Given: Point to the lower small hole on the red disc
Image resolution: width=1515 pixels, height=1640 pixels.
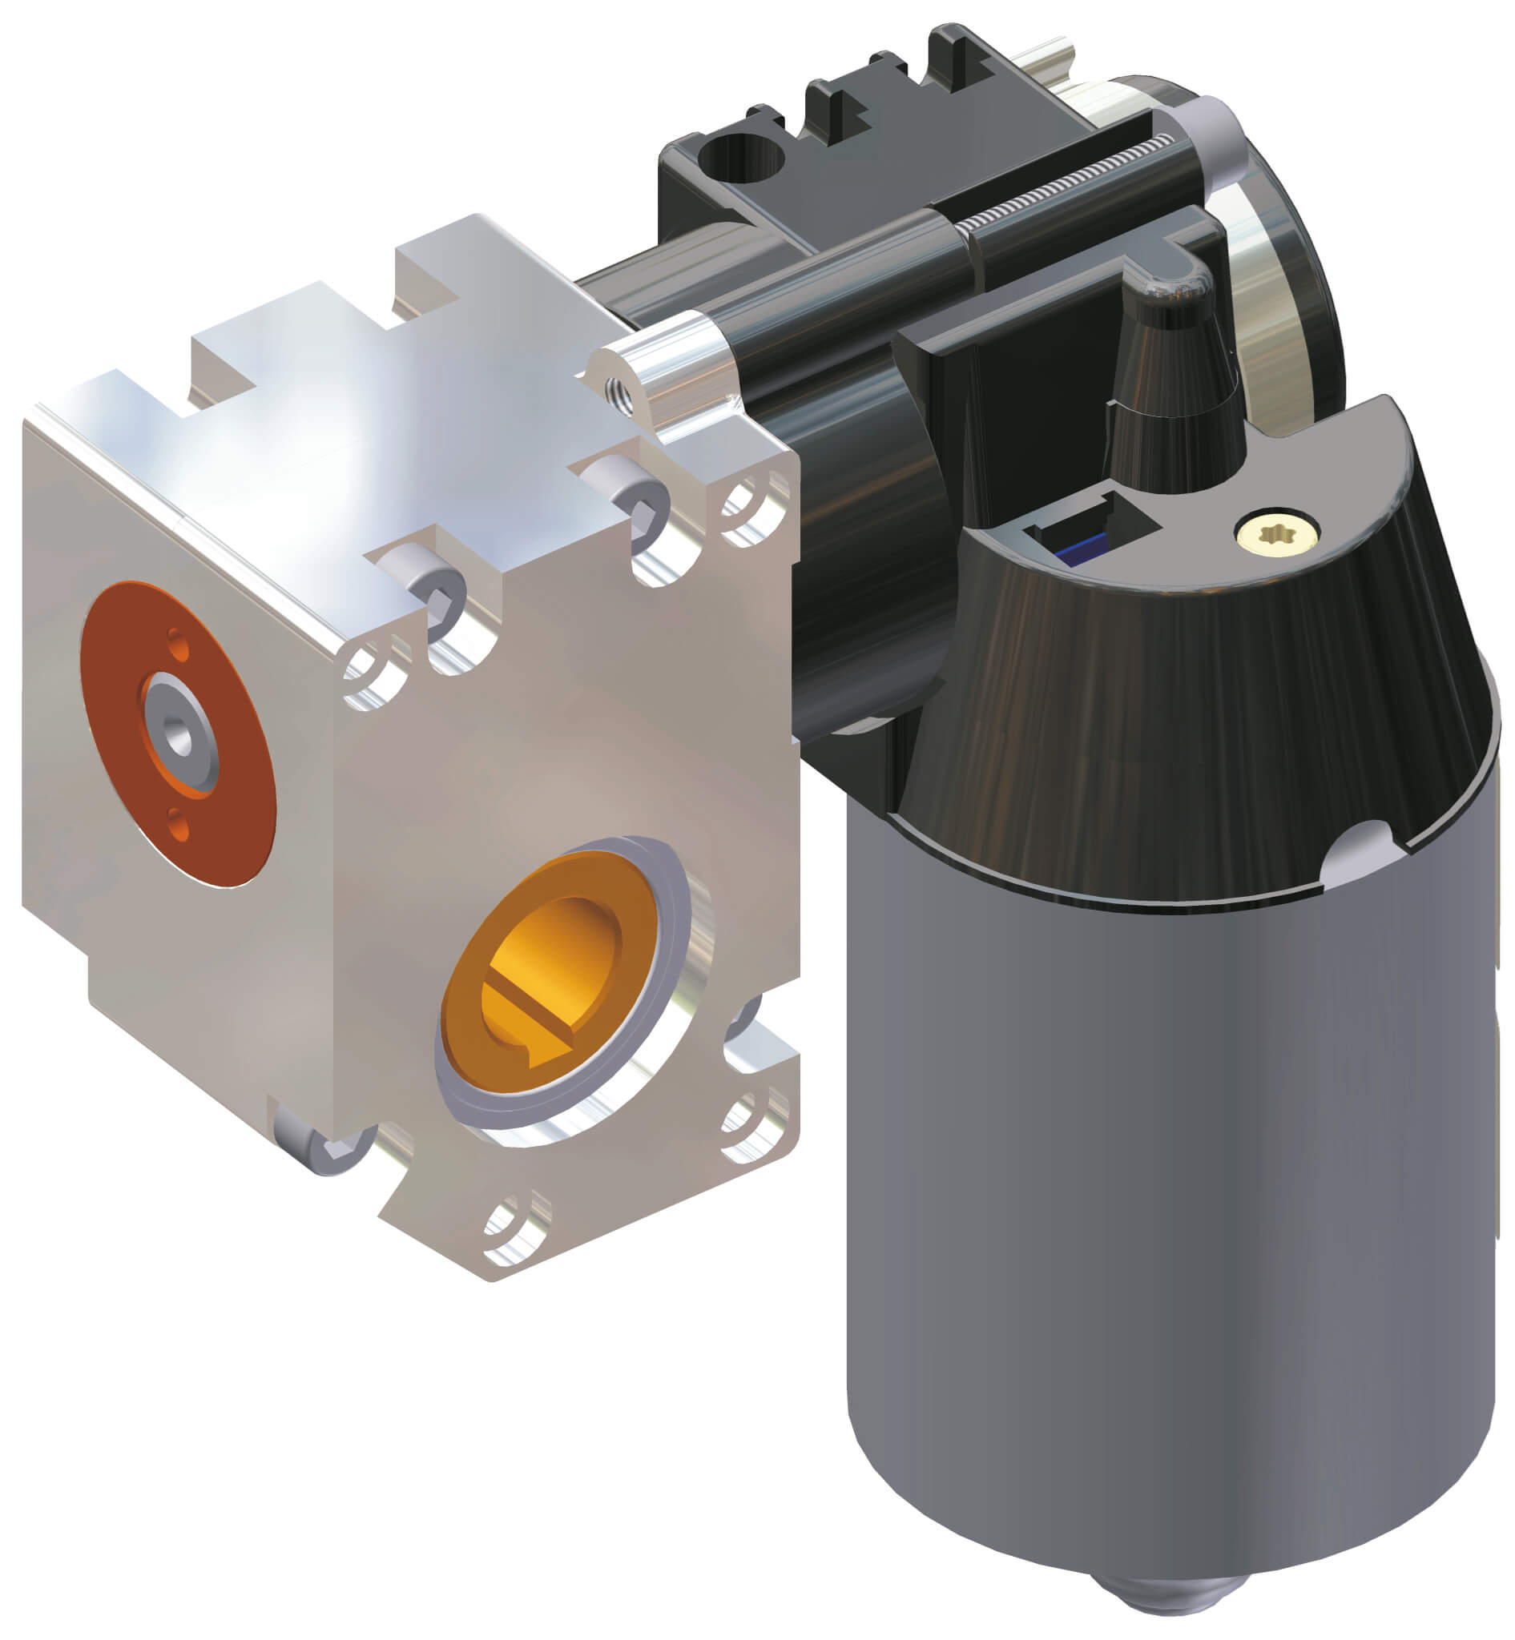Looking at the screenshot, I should pos(178,822).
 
